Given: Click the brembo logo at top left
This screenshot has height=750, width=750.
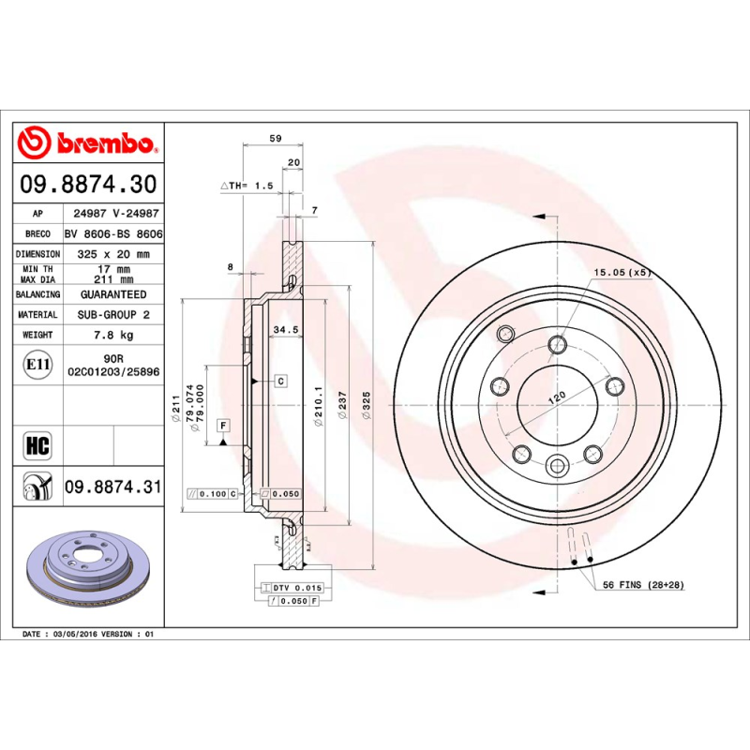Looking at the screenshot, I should pyautogui.click(x=86, y=143).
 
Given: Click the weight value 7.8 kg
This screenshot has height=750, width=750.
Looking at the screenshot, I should pyautogui.click(x=112, y=335).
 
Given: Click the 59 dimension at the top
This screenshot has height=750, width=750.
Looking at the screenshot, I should pyautogui.click(x=275, y=138).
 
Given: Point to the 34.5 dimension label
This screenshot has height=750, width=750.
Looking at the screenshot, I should pyautogui.click(x=285, y=329).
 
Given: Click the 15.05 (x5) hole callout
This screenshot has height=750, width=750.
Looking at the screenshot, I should pyautogui.click(x=621, y=272).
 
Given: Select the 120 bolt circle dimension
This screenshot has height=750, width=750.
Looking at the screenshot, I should pyautogui.click(x=556, y=397).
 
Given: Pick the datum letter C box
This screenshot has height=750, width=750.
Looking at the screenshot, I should pyautogui.click(x=280, y=381).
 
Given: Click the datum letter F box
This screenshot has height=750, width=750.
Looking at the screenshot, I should pyautogui.click(x=223, y=426).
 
